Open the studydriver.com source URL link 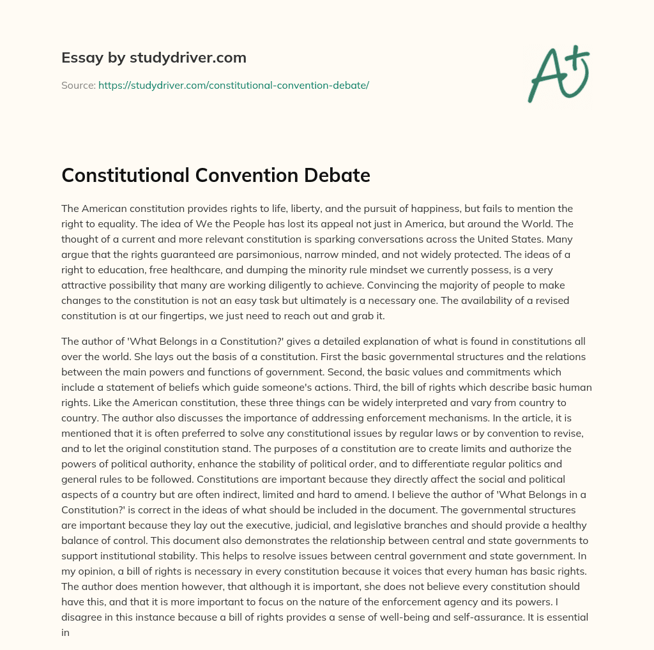pos(233,85)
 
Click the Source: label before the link pos(78,85)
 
